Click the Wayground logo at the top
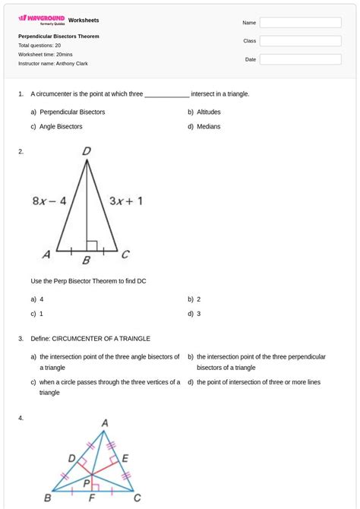[x=42, y=19]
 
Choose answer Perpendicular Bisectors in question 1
[x=72, y=112]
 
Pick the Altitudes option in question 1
[x=208, y=112]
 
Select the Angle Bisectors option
[x=61, y=126]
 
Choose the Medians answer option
[x=208, y=126]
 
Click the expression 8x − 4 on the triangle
[x=49, y=201]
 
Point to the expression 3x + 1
[x=126, y=201]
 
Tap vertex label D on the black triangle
[x=87, y=152]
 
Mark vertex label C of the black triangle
[x=125, y=254]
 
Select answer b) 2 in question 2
[x=199, y=299]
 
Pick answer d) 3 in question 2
[x=199, y=313]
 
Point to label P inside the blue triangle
[x=87, y=482]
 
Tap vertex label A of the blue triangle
[x=104, y=422]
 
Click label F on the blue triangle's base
[x=92, y=499]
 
